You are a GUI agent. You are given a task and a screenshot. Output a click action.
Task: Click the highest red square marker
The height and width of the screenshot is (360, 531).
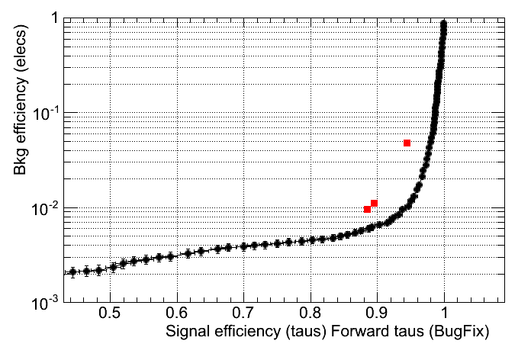[407, 143]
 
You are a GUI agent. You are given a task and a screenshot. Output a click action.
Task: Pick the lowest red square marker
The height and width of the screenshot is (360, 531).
[368, 209]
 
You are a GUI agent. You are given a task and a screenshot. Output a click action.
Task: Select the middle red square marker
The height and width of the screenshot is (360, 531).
[374, 203]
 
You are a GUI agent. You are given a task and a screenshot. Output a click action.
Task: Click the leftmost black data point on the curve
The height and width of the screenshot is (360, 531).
[73, 272]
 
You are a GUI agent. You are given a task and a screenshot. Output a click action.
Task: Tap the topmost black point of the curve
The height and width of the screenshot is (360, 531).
[443, 24]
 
